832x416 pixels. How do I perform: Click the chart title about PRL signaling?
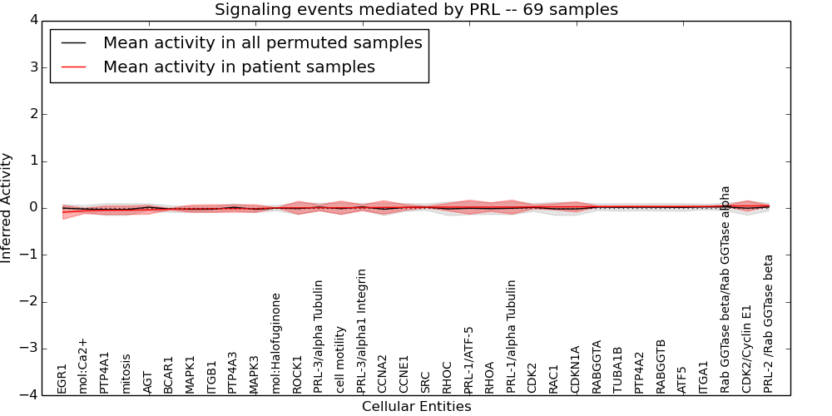[x=416, y=10]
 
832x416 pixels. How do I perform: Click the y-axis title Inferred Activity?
[x=7, y=208]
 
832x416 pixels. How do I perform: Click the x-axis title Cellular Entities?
[x=416, y=407]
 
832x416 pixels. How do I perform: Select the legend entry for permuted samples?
[x=262, y=42]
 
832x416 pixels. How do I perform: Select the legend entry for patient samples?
[x=239, y=67]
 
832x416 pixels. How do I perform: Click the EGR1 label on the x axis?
[x=62, y=378]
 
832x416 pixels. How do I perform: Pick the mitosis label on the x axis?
[x=126, y=374]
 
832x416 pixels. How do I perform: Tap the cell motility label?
[x=340, y=359]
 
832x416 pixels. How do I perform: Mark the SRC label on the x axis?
[x=426, y=381]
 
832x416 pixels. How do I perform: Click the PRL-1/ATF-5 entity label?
[x=468, y=359]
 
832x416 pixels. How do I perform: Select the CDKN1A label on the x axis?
[x=576, y=369]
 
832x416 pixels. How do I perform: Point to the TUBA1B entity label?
[x=618, y=369]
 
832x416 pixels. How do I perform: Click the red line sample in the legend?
[x=73, y=67]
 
